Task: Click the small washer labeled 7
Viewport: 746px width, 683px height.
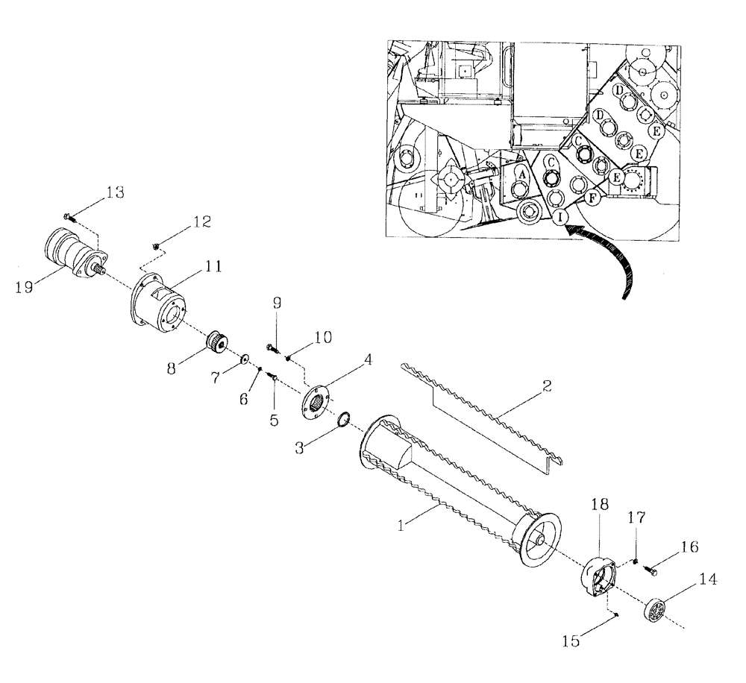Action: (x=244, y=361)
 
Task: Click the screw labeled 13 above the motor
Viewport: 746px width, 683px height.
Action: (x=67, y=216)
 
